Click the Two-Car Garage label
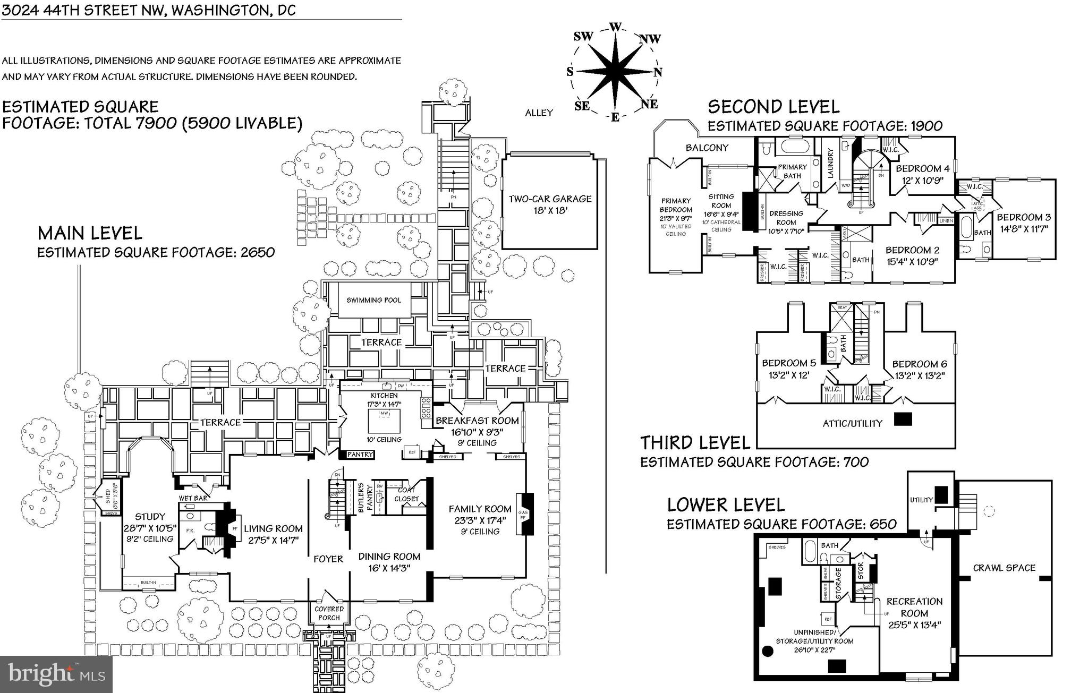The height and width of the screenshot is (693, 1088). tap(550, 199)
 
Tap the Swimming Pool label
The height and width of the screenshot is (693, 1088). tap(374, 300)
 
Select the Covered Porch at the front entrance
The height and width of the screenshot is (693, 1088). tap(329, 613)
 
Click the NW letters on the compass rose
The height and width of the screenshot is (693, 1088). tap(650, 39)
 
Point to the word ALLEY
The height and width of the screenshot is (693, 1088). tap(539, 113)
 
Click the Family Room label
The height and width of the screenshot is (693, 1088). tap(480, 509)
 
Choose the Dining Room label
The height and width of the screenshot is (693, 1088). tap(389, 557)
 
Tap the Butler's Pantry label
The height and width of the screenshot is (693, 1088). tap(361, 498)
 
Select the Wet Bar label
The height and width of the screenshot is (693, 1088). tap(193, 498)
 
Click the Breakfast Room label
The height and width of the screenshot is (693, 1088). tap(477, 421)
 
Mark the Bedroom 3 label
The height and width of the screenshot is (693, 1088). tap(1023, 217)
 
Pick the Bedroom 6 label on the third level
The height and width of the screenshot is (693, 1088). tap(919, 364)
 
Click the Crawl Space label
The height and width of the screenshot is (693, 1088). tap(1004, 568)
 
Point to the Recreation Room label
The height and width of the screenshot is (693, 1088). tap(914, 607)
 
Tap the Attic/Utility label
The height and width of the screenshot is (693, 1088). tap(852, 423)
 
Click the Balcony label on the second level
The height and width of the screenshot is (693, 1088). tap(707, 148)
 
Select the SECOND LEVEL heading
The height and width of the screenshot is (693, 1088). tap(773, 107)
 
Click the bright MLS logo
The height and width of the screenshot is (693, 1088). tap(56, 674)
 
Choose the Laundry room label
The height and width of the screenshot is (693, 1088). tap(830, 163)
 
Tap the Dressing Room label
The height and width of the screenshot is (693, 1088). tap(786, 218)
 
